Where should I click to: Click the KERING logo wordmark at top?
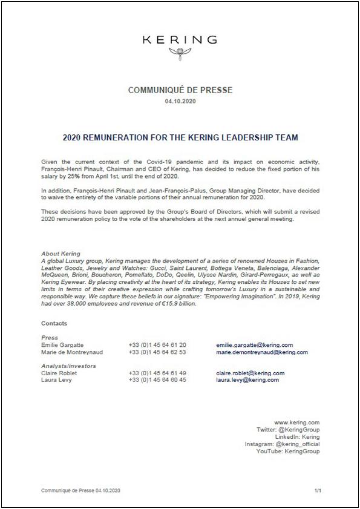point(180,40)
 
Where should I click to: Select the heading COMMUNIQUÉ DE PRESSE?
point(180,90)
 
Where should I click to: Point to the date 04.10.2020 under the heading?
point(180,101)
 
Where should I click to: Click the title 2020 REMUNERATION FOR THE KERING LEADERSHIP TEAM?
point(180,137)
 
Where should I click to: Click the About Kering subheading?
point(61,254)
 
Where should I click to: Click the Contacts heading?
point(54,324)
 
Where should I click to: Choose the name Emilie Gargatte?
point(63,345)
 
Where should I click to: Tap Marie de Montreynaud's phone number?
point(157,352)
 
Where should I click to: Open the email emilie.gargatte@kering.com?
point(254,345)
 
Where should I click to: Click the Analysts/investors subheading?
point(68,366)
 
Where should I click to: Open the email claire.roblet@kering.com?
point(250,373)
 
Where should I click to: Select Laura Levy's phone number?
point(157,380)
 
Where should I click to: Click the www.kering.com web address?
point(296,422)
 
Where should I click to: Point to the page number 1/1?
point(317,489)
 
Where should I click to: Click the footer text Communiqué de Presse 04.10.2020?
point(81,489)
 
